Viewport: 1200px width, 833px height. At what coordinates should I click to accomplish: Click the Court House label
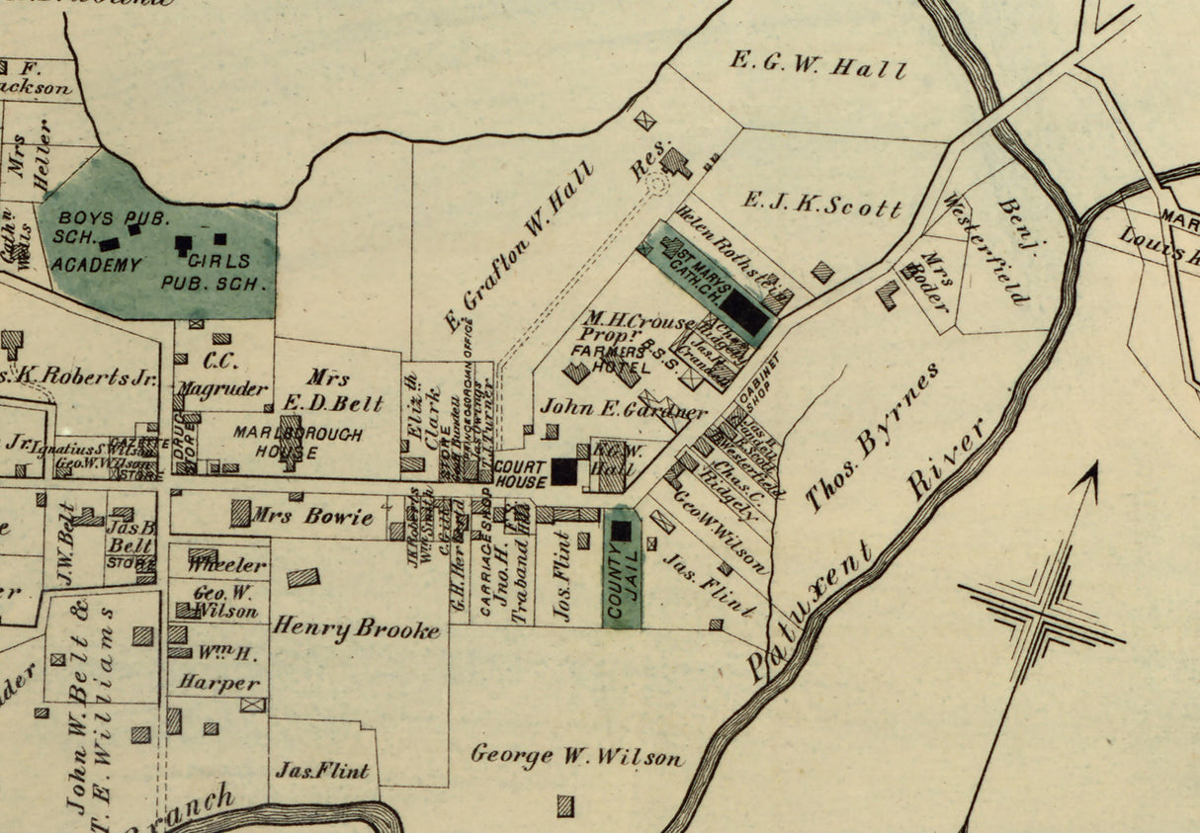coord(520,474)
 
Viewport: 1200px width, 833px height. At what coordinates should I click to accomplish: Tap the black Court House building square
coord(564,471)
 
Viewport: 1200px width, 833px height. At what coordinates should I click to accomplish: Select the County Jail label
coord(622,584)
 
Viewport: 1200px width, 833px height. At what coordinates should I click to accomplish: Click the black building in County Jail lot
coord(621,531)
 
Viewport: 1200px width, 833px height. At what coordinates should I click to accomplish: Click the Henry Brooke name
coord(357,627)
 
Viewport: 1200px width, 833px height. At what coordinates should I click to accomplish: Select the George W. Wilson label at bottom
coord(576,757)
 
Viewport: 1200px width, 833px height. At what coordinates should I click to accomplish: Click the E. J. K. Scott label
coord(822,207)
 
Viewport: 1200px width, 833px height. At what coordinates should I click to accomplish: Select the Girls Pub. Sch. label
coord(214,272)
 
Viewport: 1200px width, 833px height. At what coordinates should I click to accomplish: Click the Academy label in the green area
coord(96,265)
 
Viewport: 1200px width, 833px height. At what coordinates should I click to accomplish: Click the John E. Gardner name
coord(623,408)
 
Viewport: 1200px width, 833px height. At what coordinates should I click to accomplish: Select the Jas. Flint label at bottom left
coord(323,770)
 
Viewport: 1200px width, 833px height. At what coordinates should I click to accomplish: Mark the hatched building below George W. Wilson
coord(565,805)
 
